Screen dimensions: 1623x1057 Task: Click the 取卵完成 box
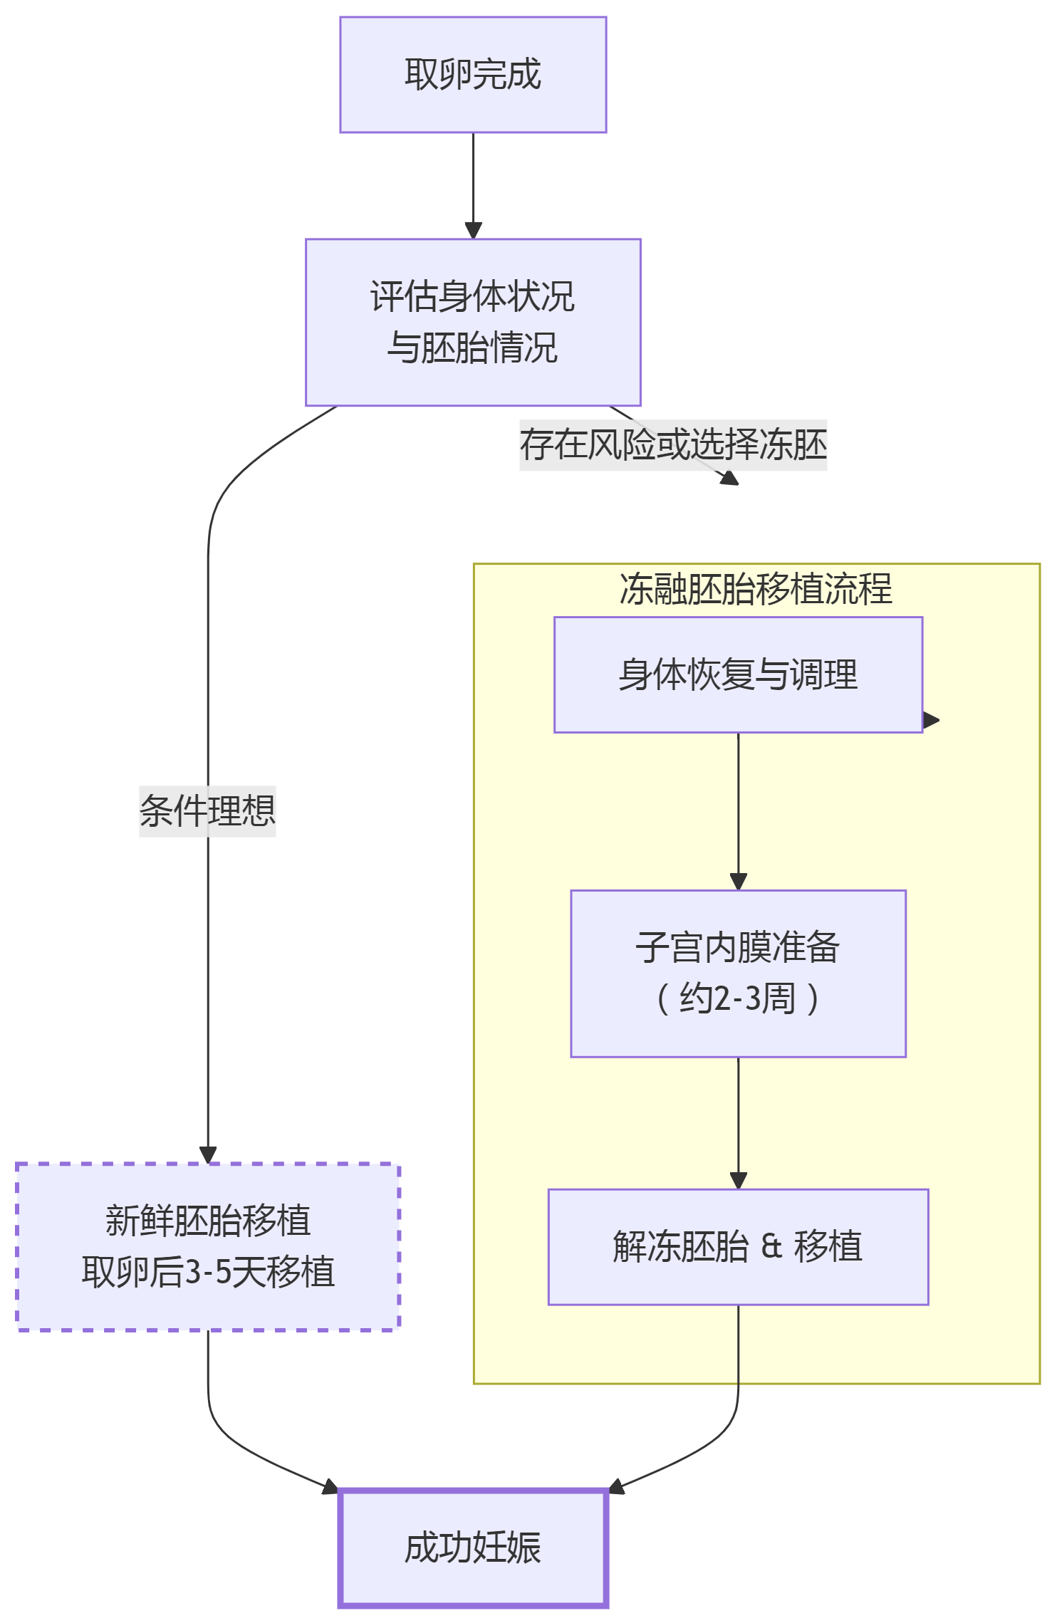pyautogui.click(x=473, y=75)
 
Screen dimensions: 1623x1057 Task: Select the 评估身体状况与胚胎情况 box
pyautogui.click(x=473, y=322)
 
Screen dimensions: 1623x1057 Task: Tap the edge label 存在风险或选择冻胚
pyautogui.click(x=673, y=445)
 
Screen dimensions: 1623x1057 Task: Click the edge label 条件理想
pyautogui.click(x=207, y=811)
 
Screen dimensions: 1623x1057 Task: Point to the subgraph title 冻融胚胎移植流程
pyautogui.click(x=756, y=590)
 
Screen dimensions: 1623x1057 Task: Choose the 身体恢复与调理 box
pyautogui.click(x=738, y=674)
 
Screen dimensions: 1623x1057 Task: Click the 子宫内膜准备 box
pyautogui.click(x=738, y=973)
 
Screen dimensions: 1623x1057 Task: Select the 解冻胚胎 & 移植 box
pyautogui.click(x=738, y=1247)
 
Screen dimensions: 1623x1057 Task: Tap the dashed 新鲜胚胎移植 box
pyautogui.click(x=208, y=1247)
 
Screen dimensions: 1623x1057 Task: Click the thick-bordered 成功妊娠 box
pyautogui.click(x=473, y=1548)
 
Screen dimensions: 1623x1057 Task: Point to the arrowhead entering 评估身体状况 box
pyautogui.click(x=473, y=231)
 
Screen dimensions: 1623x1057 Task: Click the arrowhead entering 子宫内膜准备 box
pyautogui.click(x=738, y=882)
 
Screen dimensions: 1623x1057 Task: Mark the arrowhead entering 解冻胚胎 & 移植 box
pyautogui.click(x=738, y=1181)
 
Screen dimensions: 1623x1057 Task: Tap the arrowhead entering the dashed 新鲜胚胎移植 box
pyautogui.click(x=208, y=1154)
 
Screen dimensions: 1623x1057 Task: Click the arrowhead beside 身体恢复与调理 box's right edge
pyautogui.click(x=931, y=720)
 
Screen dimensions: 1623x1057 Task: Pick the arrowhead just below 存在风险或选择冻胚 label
pyautogui.click(x=730, y=479)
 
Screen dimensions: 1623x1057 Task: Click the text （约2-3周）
pyautogui.click(x=738, y=998)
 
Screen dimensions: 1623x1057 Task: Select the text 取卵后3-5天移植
pyautogui.click(x=208, y=1273)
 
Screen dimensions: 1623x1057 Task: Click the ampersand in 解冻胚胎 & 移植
pyautogui.click(x=771, y=1247)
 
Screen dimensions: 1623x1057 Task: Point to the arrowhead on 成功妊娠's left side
pyautogui.click(x=330, y=1487)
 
